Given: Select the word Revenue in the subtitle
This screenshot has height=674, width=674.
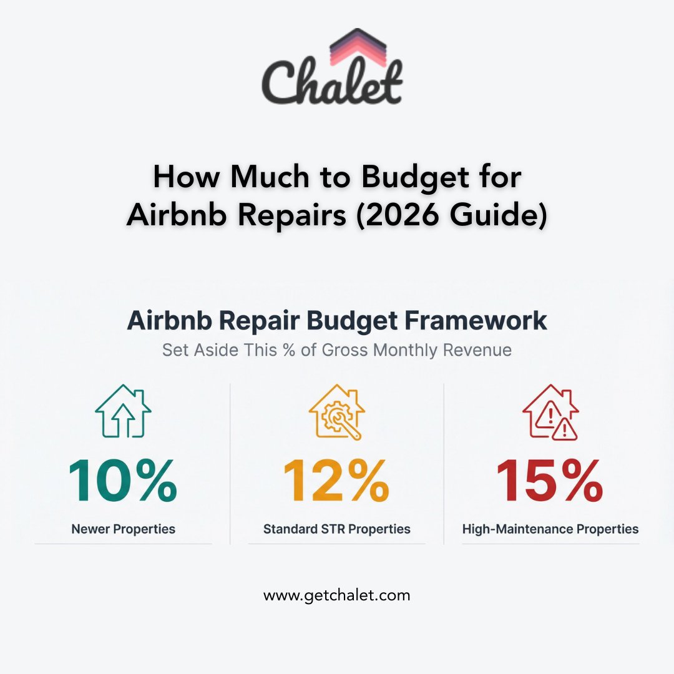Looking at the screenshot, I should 477,350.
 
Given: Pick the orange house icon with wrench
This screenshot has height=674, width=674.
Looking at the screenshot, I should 337,412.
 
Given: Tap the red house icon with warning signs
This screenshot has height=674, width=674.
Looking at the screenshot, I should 550,412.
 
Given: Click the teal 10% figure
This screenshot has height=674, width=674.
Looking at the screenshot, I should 123,481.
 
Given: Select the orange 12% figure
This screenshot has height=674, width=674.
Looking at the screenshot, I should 336,481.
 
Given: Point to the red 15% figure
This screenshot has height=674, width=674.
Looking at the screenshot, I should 550,481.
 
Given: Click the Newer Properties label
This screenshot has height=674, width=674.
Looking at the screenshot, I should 124,529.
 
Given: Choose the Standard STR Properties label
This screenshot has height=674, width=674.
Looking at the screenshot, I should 337,529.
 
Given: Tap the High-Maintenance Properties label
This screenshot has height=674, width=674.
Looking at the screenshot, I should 550,529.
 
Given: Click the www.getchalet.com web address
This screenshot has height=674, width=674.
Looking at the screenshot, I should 337,595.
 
